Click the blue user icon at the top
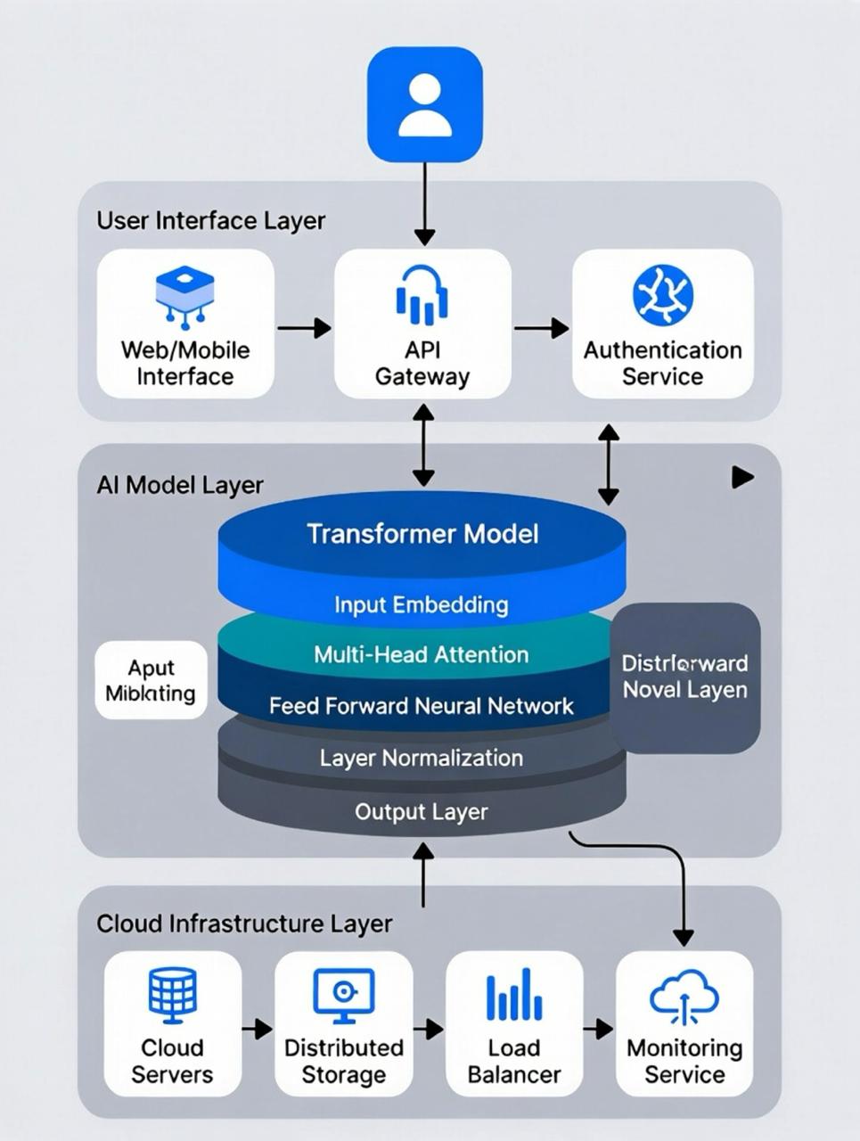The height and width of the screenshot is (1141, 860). tap(424, 105)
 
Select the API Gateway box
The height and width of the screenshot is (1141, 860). tap(422, 324)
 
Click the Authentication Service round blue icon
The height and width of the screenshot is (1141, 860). tap(662, 295)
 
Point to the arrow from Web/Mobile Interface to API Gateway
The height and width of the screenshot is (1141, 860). tap(304, 328)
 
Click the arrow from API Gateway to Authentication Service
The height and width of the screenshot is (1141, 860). tap(542, 328)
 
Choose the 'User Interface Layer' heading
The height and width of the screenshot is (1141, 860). tap(210, 220)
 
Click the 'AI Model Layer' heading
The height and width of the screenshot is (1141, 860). tap(180, 485)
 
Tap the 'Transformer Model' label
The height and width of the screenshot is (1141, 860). tap(422, 534)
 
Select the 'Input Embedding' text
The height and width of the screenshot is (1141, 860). tap(422, 605)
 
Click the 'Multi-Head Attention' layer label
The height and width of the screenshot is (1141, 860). tap(422, 655)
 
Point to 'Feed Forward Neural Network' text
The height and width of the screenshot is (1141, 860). tap(422, 707)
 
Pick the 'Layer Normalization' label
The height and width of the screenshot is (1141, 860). tap(422, 759)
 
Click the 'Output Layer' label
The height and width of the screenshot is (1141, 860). tap(422, 812)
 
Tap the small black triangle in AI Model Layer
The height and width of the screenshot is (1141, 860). tap(742, 477)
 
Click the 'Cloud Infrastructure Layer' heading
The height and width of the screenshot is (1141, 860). tap(244, 923)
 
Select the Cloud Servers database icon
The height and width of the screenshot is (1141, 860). tap(172, 996)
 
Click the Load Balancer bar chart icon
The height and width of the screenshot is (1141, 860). tap(514, 996)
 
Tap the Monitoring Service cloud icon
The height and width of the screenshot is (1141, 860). tap(684, 996)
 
